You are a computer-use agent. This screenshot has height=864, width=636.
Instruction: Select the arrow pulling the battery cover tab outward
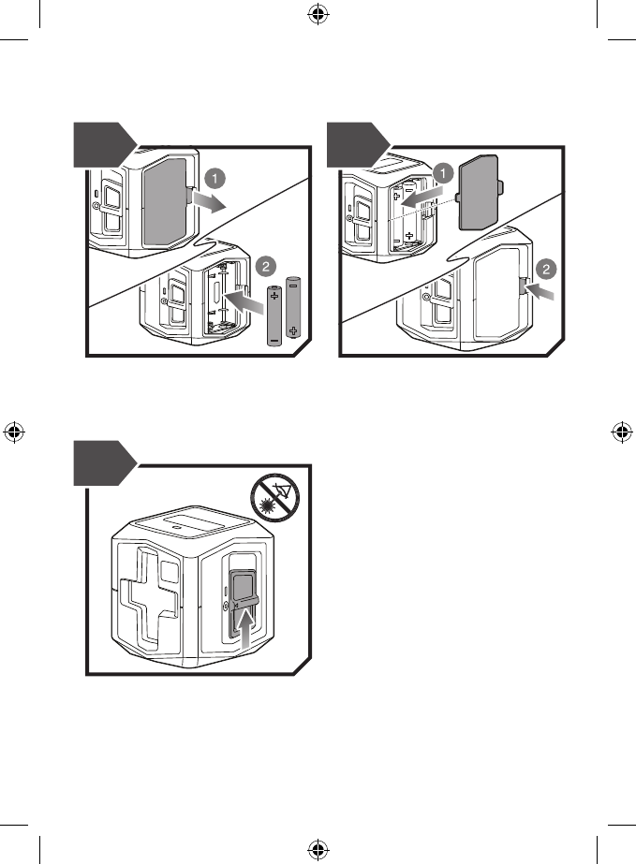[211, 203]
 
